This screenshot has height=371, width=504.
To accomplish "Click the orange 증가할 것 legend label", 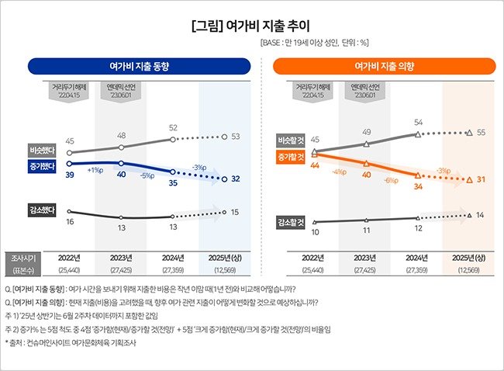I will (289, 158).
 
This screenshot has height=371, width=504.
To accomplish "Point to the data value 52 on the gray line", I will (174, 128).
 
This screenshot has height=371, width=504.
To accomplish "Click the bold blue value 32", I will (235, 179).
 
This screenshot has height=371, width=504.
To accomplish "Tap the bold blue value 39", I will (70, 176).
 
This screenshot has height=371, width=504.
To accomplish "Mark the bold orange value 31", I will (481, 180).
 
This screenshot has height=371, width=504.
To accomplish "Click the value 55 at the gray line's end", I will (481, 133).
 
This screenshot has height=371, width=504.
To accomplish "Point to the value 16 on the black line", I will (70, 222).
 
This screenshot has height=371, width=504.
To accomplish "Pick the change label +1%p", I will (96, 169).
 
